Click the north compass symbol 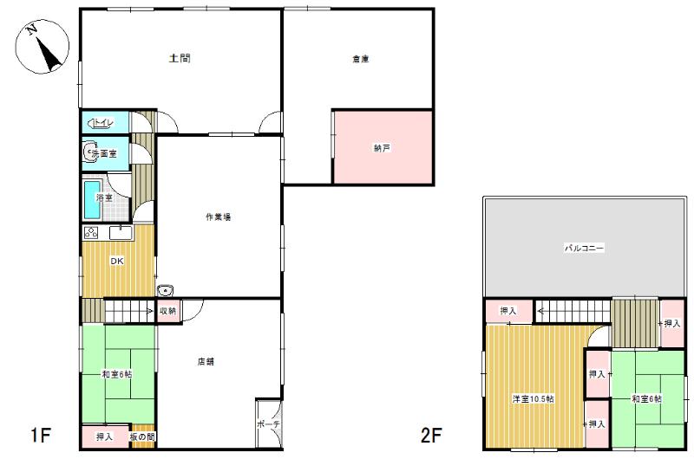pos(43,47)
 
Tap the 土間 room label pos(180,58)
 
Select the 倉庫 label pos(361,59)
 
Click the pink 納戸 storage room pos(383,146)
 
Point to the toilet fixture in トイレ pos(95,123)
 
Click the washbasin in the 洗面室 pos(90,152)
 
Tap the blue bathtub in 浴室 pos(93,199)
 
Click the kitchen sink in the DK pos(121,233)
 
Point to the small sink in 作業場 pos(165,290)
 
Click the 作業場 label pos(219,217)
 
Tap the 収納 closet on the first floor pos(168,311)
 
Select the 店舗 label pos(206,361)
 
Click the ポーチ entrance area pos(268,424)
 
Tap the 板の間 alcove pos(142,436)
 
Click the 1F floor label pos(40,436)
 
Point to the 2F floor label pos(431,436)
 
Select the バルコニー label pos(584,248)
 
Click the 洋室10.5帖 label pos(533,398)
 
